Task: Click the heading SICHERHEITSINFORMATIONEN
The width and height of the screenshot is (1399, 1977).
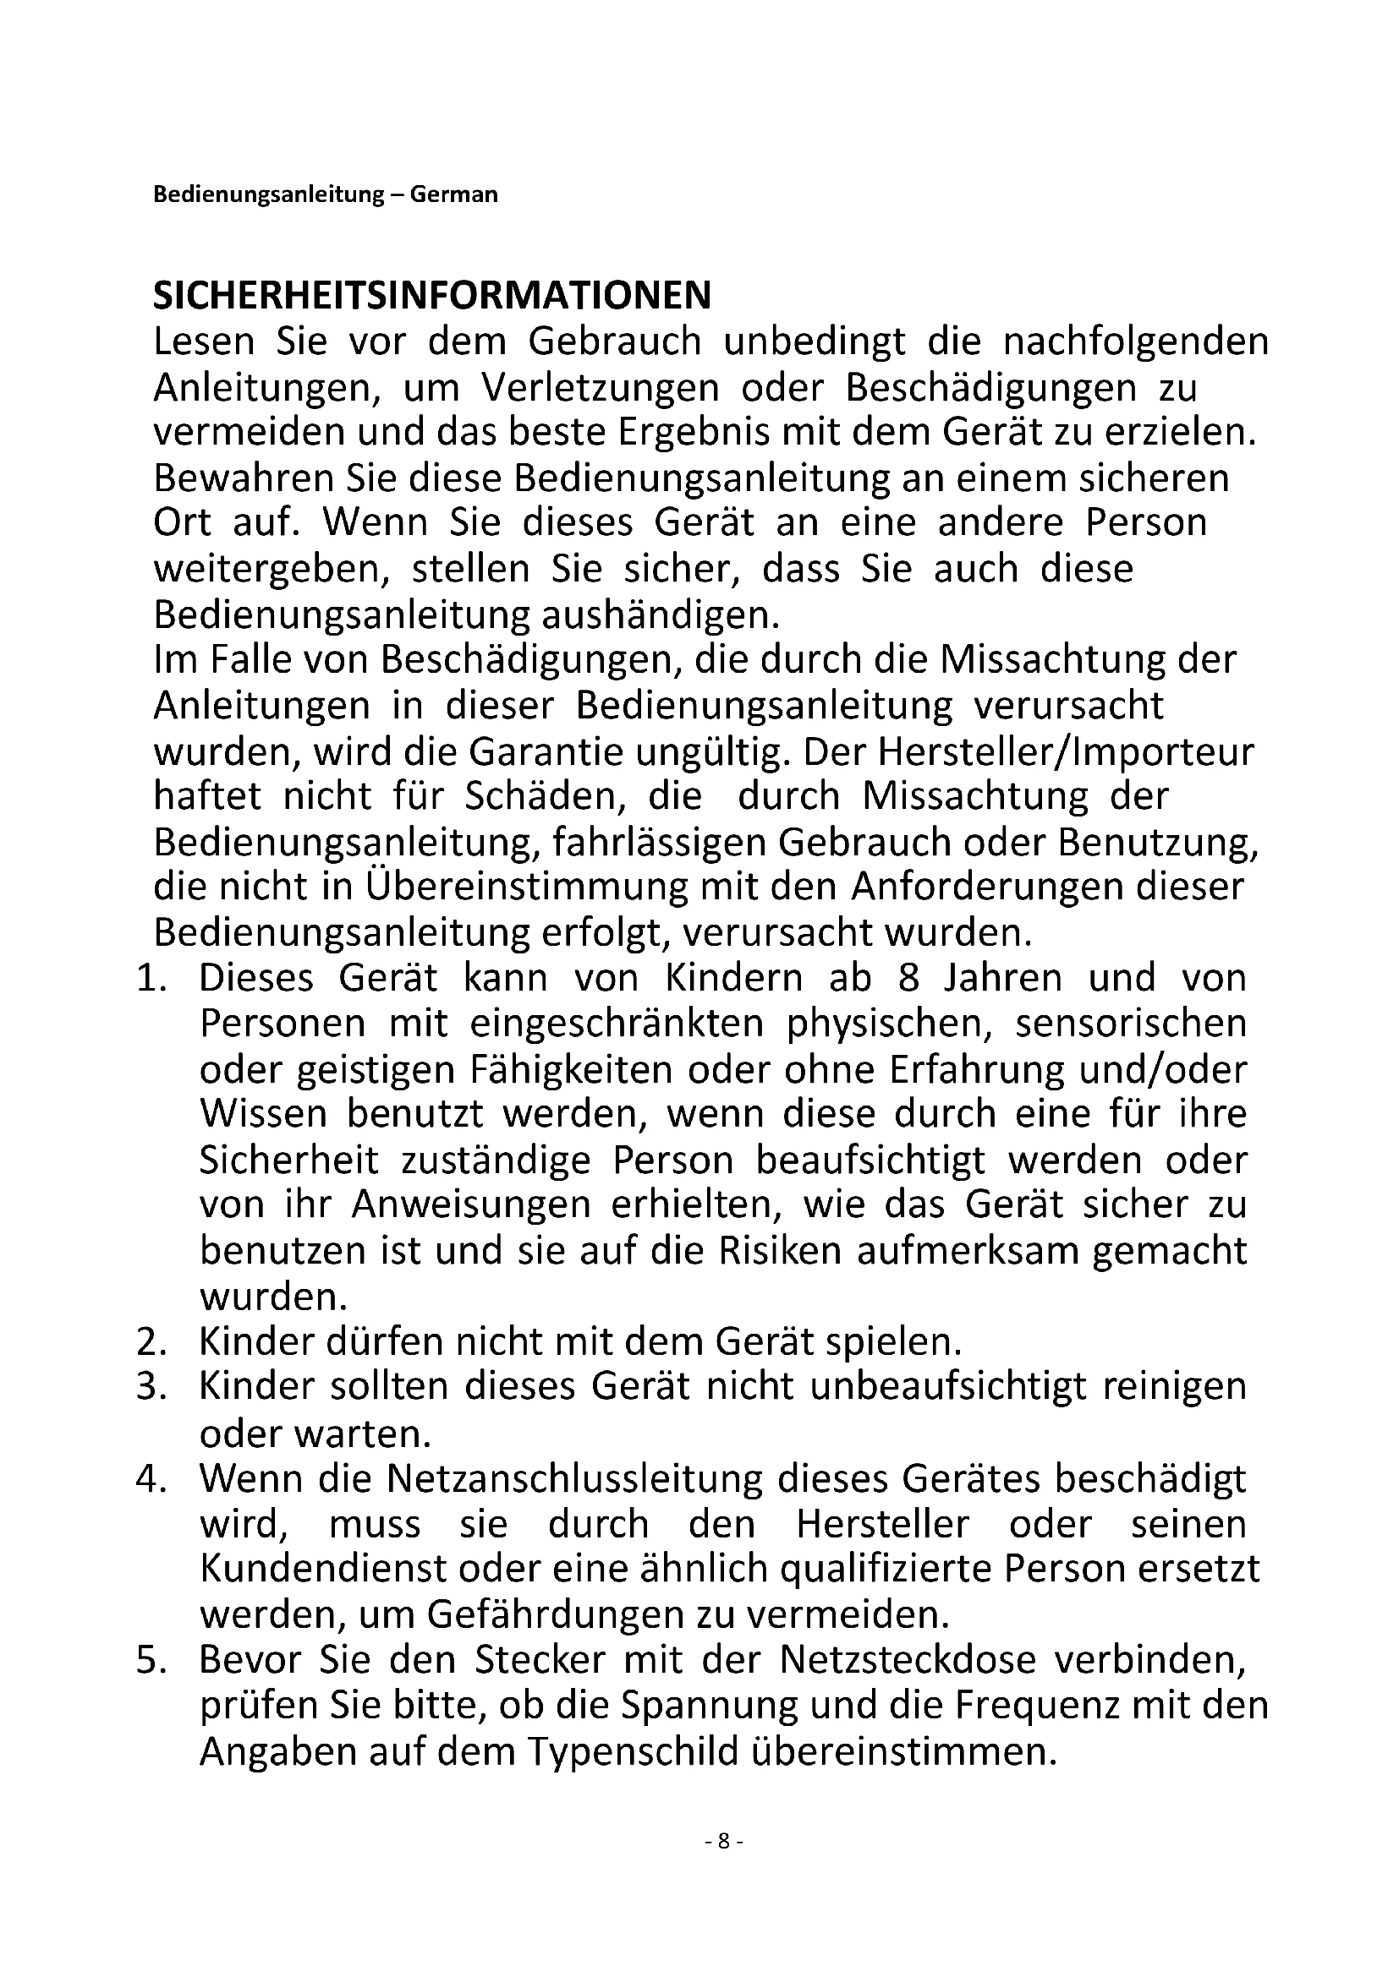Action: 431,295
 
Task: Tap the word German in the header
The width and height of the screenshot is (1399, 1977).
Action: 453,194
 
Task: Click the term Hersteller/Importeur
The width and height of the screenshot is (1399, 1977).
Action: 1067,752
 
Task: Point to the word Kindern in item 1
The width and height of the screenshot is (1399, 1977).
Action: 736,978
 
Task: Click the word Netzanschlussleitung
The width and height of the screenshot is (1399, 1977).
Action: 574,1478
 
